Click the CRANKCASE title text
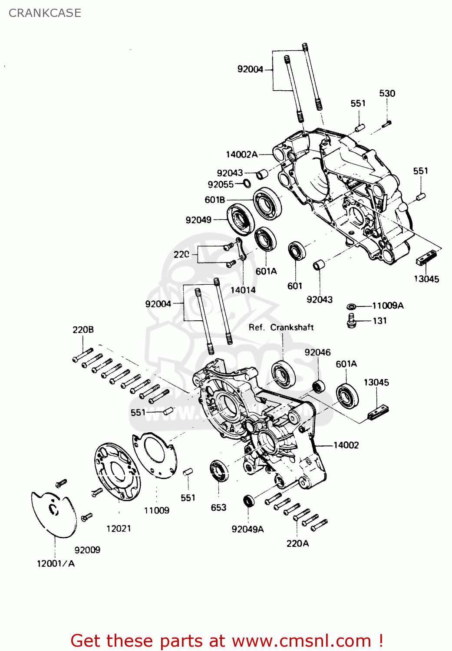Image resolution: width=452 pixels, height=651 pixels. tap(45, 13)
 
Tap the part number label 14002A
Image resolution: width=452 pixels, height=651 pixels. tap(241, 155)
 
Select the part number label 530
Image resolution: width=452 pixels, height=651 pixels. tap(387, 93)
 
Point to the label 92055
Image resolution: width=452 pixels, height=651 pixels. tap(221, 184)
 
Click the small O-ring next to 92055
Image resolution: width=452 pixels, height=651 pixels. tap(247, 184)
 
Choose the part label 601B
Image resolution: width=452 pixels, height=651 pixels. tap(215, 200)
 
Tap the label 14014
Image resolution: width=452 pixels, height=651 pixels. tap(243, 290)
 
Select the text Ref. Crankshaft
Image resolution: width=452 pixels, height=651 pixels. tap(281, 327)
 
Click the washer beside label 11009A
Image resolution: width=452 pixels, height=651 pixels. tap(352, 306)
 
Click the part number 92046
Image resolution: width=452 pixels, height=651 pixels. tap(317, 352)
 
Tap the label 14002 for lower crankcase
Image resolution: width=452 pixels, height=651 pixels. tap(346, 445)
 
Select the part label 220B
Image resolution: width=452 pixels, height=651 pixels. tap(83, 330)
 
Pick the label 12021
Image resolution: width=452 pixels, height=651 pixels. tap(119, 528)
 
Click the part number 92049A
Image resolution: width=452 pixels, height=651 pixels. tap(247, 529)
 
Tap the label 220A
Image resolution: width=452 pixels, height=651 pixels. tap(297, 543)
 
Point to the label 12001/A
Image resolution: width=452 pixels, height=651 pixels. tap(56, 563)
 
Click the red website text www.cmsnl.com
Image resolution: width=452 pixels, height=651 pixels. tap(301, 641)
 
